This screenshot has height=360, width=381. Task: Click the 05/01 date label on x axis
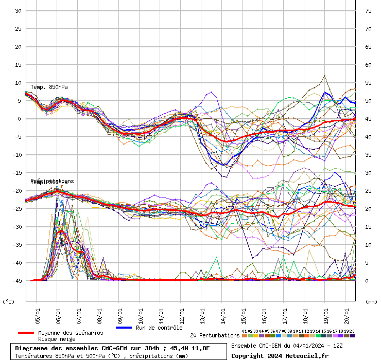click(x=38, y=315)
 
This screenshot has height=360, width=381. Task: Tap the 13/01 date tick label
click(x=203, y=315)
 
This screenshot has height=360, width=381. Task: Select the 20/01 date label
click(x=347, y=315)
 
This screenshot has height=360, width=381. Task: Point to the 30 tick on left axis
click(x=18, y=11)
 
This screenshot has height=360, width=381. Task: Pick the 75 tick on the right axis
click(x=368, y=11)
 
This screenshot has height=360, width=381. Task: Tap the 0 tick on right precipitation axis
click(x=367, y=281)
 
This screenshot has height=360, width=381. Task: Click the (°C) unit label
click(x=9, y=302)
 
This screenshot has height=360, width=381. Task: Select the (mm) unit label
click(x=371, y=302)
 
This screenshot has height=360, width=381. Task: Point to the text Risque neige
click(x=56, y=339)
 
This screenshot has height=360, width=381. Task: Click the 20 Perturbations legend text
click(x=215, y=336)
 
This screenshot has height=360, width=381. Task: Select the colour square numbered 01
click(x=244, y=336)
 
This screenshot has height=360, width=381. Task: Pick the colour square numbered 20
click(x=352, y=336)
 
